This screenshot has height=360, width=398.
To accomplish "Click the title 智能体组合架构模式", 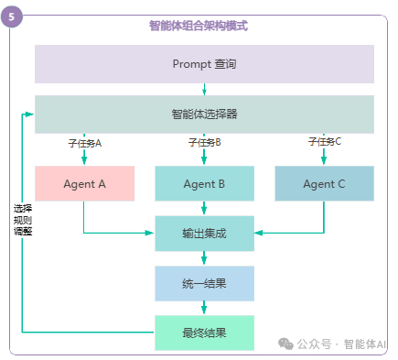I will pyautogui.click(x=199, y=26).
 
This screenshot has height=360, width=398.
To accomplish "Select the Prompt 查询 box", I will pyautogui.click(x=204, y=63).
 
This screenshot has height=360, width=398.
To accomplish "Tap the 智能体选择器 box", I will pyautogui.click(x=204, y=115).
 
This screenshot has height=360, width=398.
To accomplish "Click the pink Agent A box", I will pyautogui.click(x=85, y=183).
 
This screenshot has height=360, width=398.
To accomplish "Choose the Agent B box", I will pyautogui.click(x=204, y=183).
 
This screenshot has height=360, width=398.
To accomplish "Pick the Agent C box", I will pyautogui.click(x=324, y=183).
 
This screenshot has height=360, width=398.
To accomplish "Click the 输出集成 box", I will pyautogui.click(x=204, y=234).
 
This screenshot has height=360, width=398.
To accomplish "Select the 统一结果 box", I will pyautogui.click(x=204, y=284).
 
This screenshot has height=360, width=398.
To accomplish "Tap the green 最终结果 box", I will pyautogui.click(x=204, y=332).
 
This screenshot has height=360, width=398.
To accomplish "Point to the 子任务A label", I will pyautogui.click(x=85, y=143).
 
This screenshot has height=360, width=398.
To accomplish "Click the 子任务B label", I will pyautogui.click(x=205, y=143).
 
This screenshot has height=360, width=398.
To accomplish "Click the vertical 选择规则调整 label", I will pyautogui.click(x=22, y=220).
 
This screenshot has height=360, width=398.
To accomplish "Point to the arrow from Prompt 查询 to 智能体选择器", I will pyautogui.click(x=204, y=90).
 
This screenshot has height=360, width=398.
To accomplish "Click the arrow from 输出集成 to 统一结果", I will pyautogui.click(x=204, y=259).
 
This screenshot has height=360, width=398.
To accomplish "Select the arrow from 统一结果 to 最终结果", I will pyautogui.click(x=204, y=309).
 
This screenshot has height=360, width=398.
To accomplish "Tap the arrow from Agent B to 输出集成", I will pyautogui.click(x=204, y=209).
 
